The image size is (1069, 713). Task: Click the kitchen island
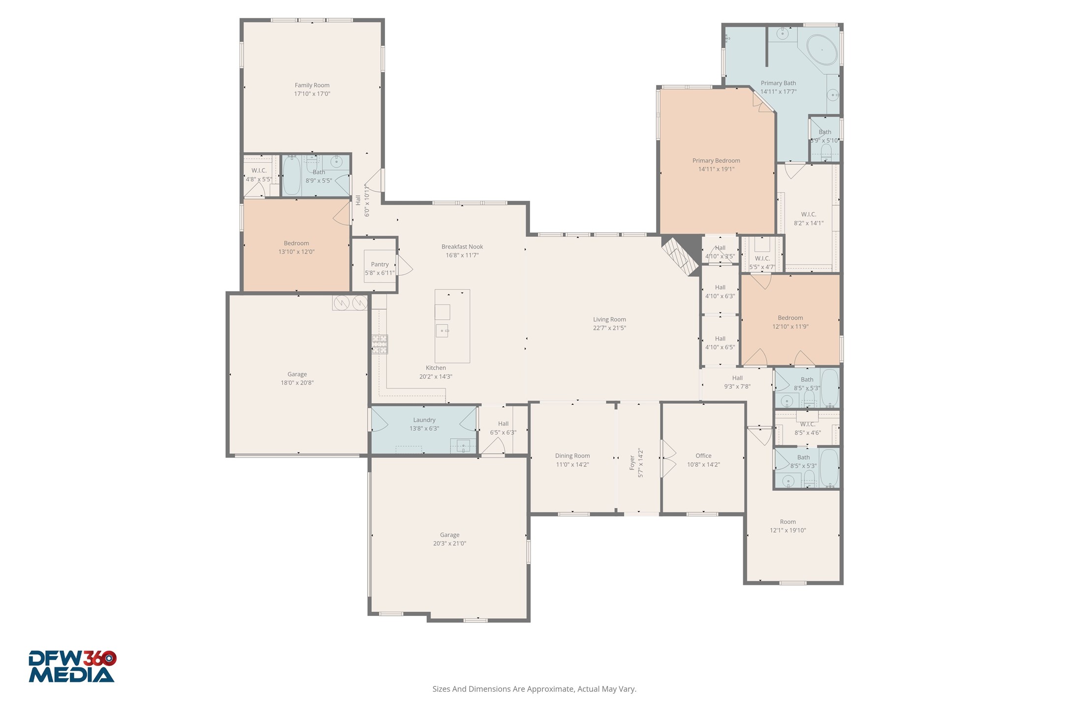pos(452,326)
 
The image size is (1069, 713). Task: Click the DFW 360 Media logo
pos(72,666)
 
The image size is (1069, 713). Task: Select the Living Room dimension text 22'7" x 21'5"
pos(609,328)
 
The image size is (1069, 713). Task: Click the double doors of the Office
pos(668,459)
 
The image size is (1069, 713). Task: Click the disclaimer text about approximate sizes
pos(534,689)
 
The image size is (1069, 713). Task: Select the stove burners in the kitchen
pos(379,344)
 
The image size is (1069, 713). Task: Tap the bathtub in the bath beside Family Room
pos(291,176)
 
